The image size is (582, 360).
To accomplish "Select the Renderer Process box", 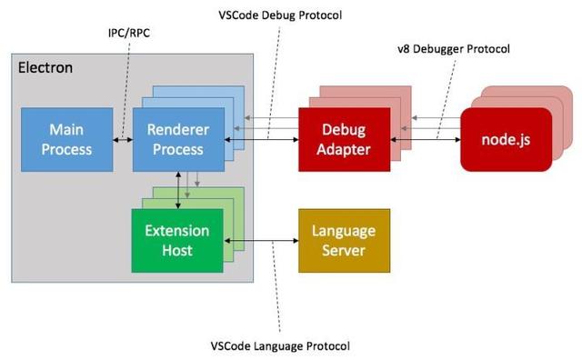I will (178, 139).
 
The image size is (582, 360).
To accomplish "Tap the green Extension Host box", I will (176, 240).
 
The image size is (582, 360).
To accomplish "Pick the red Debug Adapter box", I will (344, 139).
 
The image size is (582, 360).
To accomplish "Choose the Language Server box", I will (344, 240).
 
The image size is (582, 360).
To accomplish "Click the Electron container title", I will (45, 67).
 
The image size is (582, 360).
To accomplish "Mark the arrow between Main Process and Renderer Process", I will (123, 139).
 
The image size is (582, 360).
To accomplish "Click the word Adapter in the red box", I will (344, 149).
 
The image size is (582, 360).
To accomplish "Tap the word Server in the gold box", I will (344, 250).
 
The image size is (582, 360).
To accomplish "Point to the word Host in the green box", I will (176, 250).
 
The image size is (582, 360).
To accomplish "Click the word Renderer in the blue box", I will (178, 130).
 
